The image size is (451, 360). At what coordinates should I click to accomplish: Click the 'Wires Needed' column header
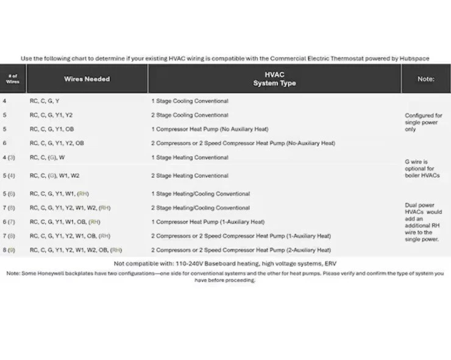[x=87, y=79]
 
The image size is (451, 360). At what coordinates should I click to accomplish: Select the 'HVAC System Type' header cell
[x=274, y=79]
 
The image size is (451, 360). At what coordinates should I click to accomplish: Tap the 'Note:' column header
[x=425, y=79]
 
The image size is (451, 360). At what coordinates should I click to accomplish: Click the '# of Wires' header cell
[x=12, y=79]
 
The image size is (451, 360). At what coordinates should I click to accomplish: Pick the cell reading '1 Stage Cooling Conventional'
[x=190, y=101]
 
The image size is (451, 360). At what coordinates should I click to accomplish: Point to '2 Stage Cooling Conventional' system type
[x=190, y=115]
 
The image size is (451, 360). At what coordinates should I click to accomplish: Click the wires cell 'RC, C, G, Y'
[x=44, y=101]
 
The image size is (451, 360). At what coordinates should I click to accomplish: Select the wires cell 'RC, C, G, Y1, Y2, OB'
[x=57, y=143]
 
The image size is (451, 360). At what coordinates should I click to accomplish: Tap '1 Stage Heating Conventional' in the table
[x=190, y=158]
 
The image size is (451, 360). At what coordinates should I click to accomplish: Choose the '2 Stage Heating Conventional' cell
[x=190, y=175]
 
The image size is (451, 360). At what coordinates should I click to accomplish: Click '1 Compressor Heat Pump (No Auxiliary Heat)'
[x=210, y=129]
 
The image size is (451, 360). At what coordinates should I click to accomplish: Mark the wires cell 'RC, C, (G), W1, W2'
[x=54, y=175]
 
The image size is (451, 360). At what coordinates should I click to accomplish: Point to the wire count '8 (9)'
[x=9, y=250]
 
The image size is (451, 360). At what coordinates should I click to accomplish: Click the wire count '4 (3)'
[x=9, y=158]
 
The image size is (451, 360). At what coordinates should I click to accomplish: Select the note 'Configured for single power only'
[x=424, y=122]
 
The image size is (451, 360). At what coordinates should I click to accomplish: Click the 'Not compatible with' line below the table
[x=225, y=263]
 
